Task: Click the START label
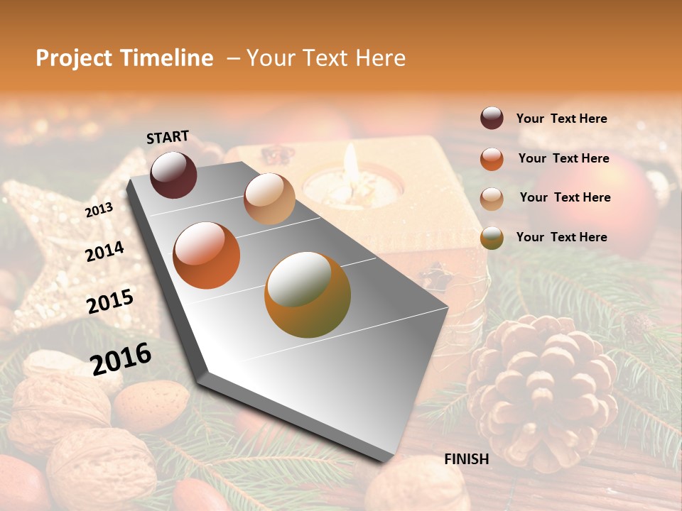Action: click(x=168, y=137)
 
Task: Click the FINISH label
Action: click(x=467, y=459)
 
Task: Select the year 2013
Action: click(x=99, y=209)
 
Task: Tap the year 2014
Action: click(x=104, y=251)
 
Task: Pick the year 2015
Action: click(x=110, y=302)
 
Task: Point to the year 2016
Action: click(x=121, y=358)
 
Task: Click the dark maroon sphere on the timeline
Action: click(x=173, y=175)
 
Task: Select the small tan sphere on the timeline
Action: click(x=269, y=199)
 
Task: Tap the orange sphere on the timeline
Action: click(x=207, y=255)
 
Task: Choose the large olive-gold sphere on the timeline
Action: click(x=308, y=295)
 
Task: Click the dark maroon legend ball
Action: click(x=492, y=119)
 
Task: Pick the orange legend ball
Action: click(x=492, y=159)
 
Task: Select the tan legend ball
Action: click(x=492, y=199)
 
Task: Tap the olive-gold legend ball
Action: click(x=492, y=238)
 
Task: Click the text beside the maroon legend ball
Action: click(x=561, y=119)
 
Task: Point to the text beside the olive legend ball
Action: click(x=561, y=237)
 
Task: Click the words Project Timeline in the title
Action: click(x=124, y=58)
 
